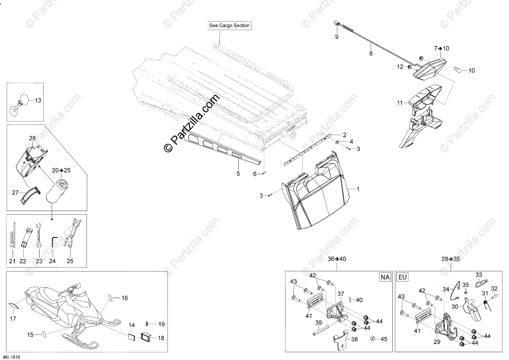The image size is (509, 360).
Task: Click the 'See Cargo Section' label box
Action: point(229,26)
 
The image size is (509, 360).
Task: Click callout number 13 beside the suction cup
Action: point(38,101)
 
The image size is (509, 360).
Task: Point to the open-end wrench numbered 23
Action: point(38,234)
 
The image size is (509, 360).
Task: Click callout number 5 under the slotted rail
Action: point(238,174)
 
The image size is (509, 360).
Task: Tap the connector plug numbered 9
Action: point(337,25)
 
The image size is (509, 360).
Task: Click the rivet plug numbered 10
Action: point(458,70)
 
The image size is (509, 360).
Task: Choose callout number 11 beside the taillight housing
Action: point(399,103)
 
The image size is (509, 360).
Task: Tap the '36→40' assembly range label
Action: point(337,258)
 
